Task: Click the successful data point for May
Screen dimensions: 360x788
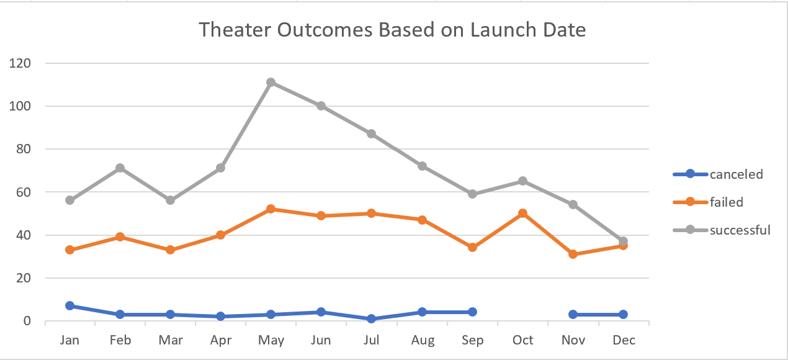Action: coord(271,83)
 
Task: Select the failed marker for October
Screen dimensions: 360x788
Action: coord(523,214)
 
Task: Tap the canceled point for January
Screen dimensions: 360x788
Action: coord(69,306)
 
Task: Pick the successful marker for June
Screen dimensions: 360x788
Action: coord(321,106)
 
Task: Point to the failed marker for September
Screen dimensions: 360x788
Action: coord(473,248)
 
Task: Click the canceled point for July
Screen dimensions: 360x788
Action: coord(372,319)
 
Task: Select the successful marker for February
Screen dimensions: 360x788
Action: coord(120,168)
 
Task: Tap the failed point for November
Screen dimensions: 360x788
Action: coord(573,254)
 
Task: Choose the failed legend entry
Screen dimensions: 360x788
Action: coord(726,202)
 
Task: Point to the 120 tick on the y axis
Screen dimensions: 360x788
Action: coord(19,63)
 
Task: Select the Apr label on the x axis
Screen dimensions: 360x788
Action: coord(221,340)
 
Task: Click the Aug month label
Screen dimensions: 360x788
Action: coord(422,340)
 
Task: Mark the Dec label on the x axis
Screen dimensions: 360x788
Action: coord(624,340)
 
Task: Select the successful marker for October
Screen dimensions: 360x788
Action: coord(523,181)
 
